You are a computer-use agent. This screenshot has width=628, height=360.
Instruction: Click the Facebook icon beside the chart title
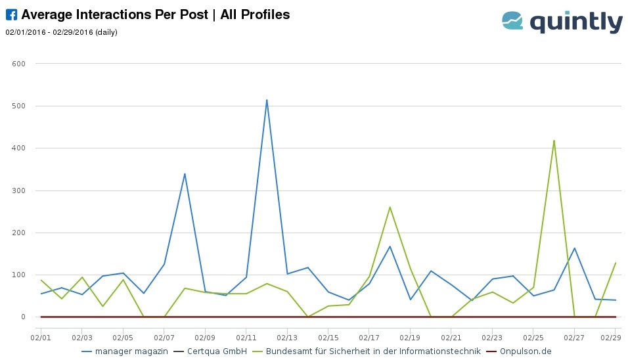tap(11, 15)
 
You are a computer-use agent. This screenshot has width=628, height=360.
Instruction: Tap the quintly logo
tap(562, 22)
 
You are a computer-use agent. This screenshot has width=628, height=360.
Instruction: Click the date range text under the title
tap(61, 32)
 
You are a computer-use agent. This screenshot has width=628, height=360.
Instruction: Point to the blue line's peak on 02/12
tap(267, 100)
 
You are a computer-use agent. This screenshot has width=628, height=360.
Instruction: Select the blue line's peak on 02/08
tap(185, 173)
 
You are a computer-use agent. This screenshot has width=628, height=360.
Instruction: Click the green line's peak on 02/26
tap(554, 140)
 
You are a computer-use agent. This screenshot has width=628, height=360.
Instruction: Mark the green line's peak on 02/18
tap(390, 207)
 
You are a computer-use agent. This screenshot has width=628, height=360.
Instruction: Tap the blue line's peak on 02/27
tap(574, 248)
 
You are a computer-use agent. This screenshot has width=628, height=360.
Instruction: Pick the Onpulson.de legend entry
tap(524, 351)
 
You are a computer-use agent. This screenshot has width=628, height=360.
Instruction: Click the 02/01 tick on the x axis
tap(41, 337)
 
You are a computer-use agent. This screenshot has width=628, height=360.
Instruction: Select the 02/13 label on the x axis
tap(287, 337)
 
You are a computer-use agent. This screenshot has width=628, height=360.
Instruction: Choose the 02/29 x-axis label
tap(615, 337)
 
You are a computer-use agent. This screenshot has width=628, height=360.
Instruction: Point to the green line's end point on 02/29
tap(616, 263)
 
